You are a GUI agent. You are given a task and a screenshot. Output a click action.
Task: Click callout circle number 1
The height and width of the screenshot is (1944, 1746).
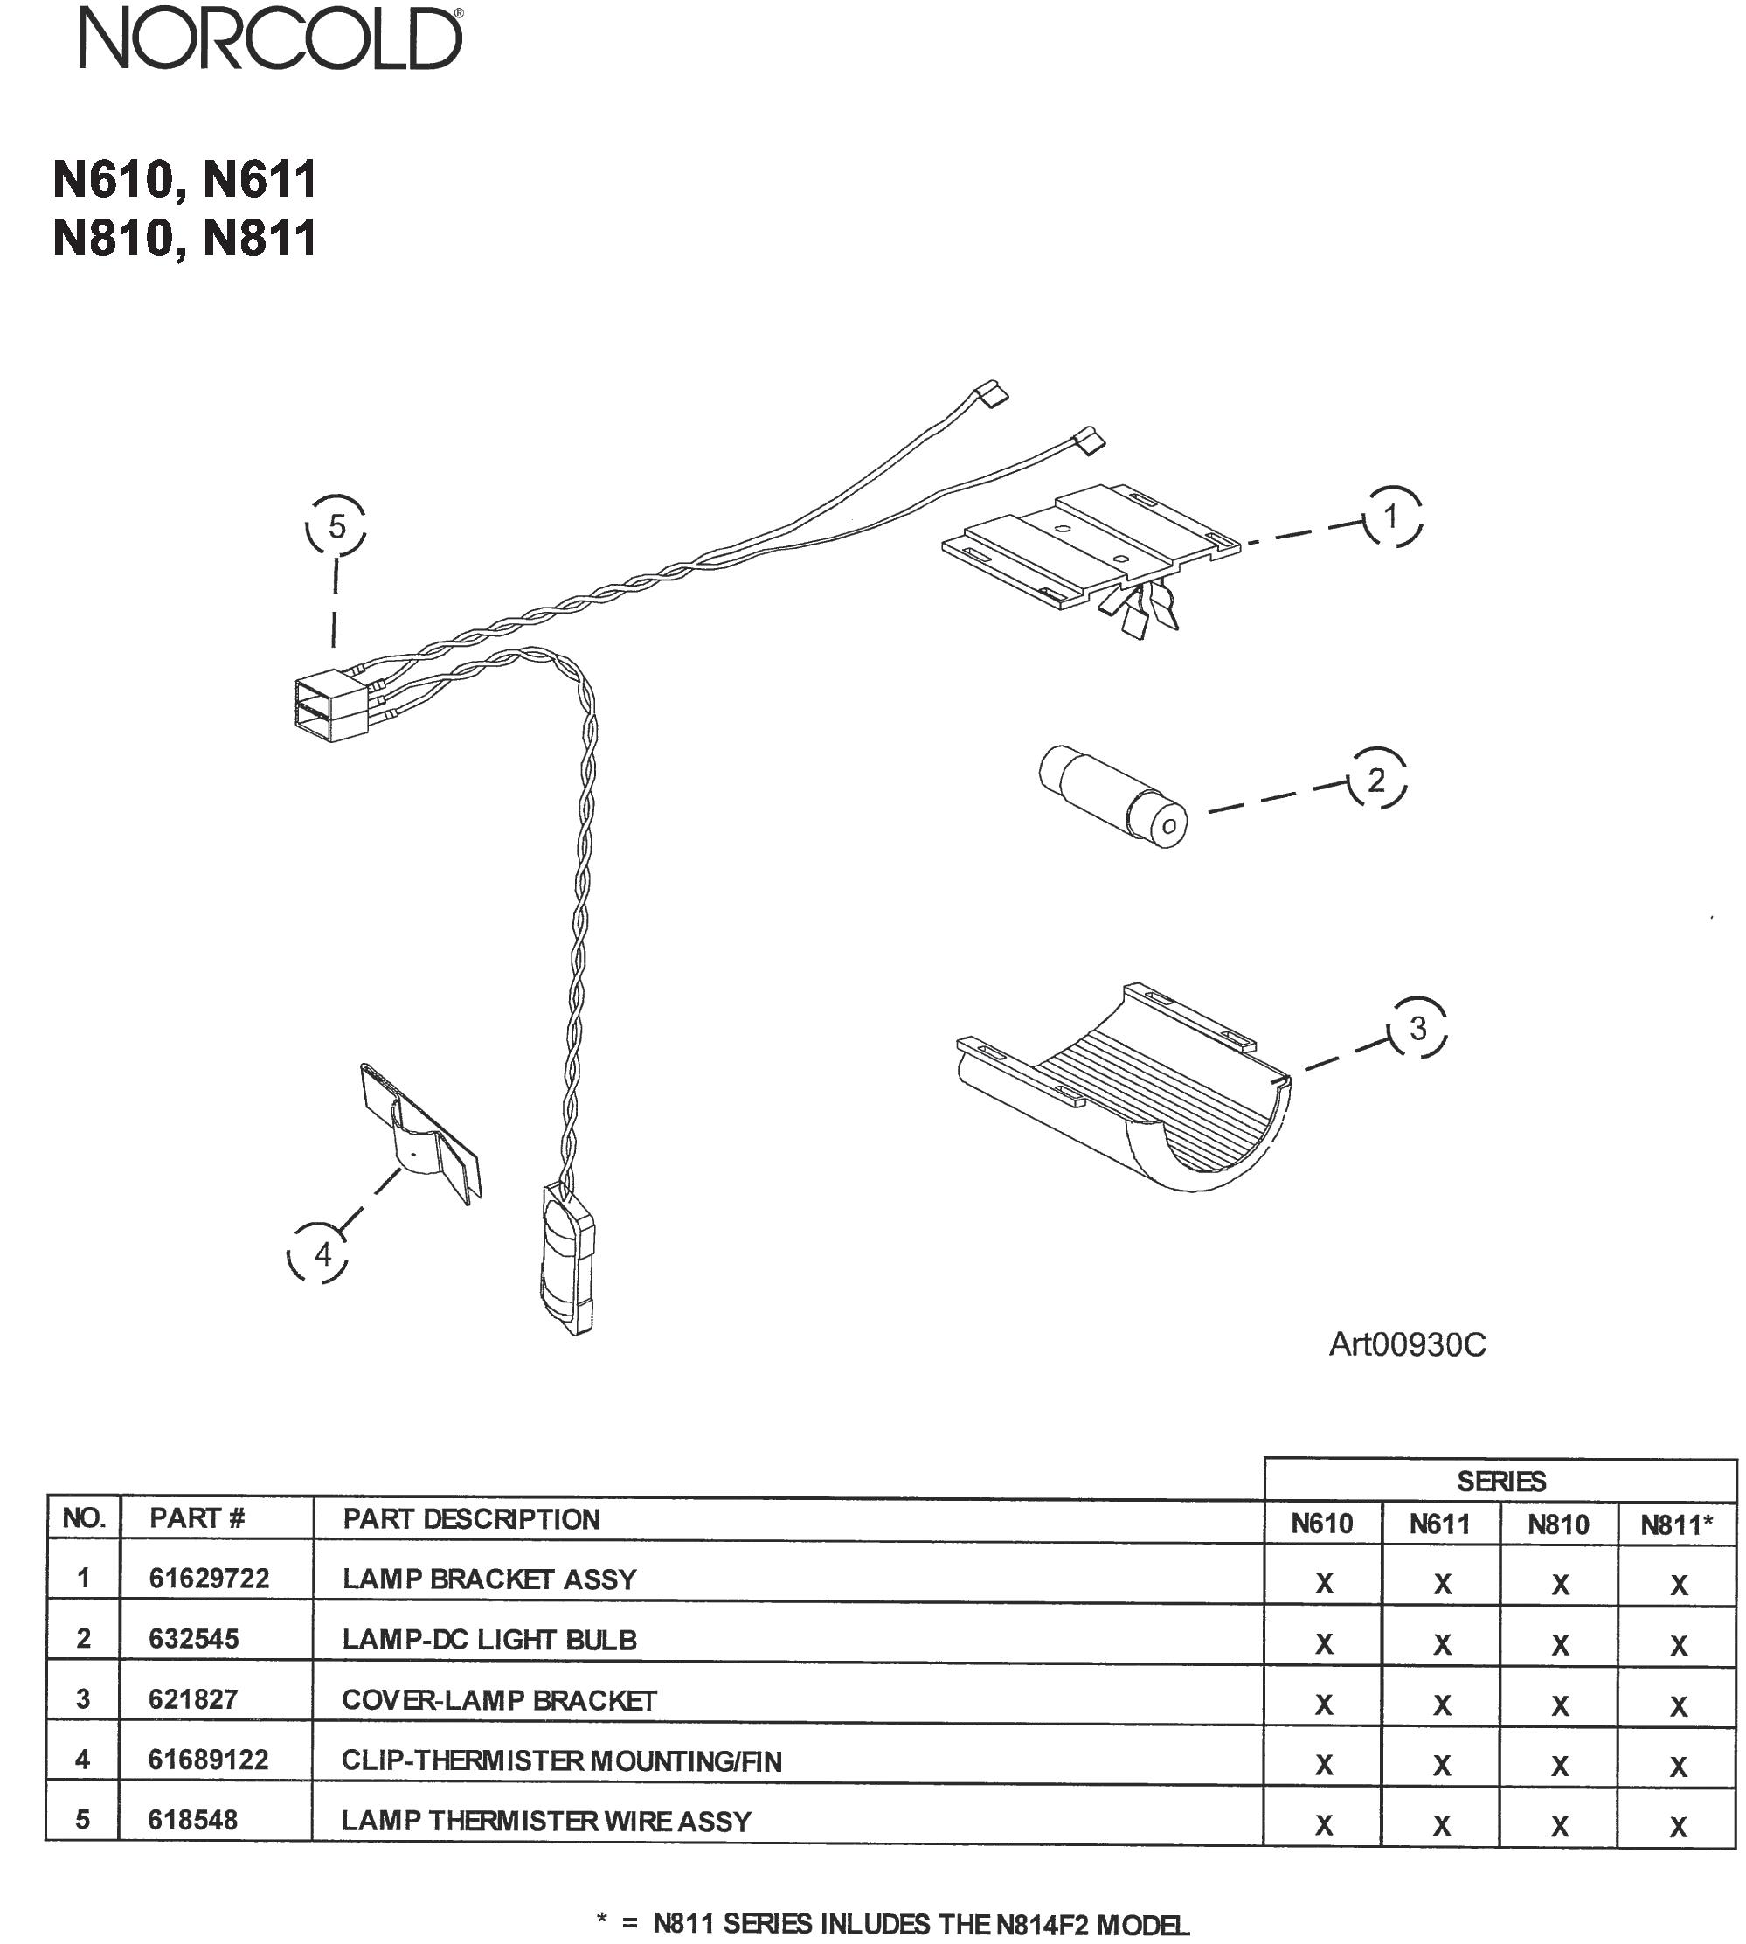pos(1391,517)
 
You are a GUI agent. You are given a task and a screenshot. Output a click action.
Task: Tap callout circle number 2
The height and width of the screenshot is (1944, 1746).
pos(1376,779)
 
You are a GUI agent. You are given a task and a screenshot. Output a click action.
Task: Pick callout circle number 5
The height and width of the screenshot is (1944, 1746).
pos(336,526)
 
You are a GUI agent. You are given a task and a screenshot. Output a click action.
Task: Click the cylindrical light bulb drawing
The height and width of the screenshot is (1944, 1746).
pos(1112,796)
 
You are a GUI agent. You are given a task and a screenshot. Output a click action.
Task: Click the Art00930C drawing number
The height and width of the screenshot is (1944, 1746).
pos(1406,1344)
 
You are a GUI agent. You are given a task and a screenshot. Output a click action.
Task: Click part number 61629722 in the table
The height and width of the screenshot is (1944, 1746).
pos(209,1579)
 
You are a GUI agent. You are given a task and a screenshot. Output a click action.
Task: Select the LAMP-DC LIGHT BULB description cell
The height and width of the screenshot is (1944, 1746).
pos(489,1639)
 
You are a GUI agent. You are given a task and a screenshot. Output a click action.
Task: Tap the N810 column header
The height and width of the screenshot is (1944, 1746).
pos(1558,1524)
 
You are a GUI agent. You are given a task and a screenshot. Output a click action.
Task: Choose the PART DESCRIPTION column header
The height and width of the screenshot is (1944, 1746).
pos(471,1519)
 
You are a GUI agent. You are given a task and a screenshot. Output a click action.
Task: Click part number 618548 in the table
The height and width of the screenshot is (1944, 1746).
pos(193,1819)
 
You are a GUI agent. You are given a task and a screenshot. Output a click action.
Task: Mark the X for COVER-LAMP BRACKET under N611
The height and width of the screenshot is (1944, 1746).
pos(1442,1705)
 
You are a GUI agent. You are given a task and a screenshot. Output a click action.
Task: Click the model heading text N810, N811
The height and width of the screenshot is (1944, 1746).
pos(184,238)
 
